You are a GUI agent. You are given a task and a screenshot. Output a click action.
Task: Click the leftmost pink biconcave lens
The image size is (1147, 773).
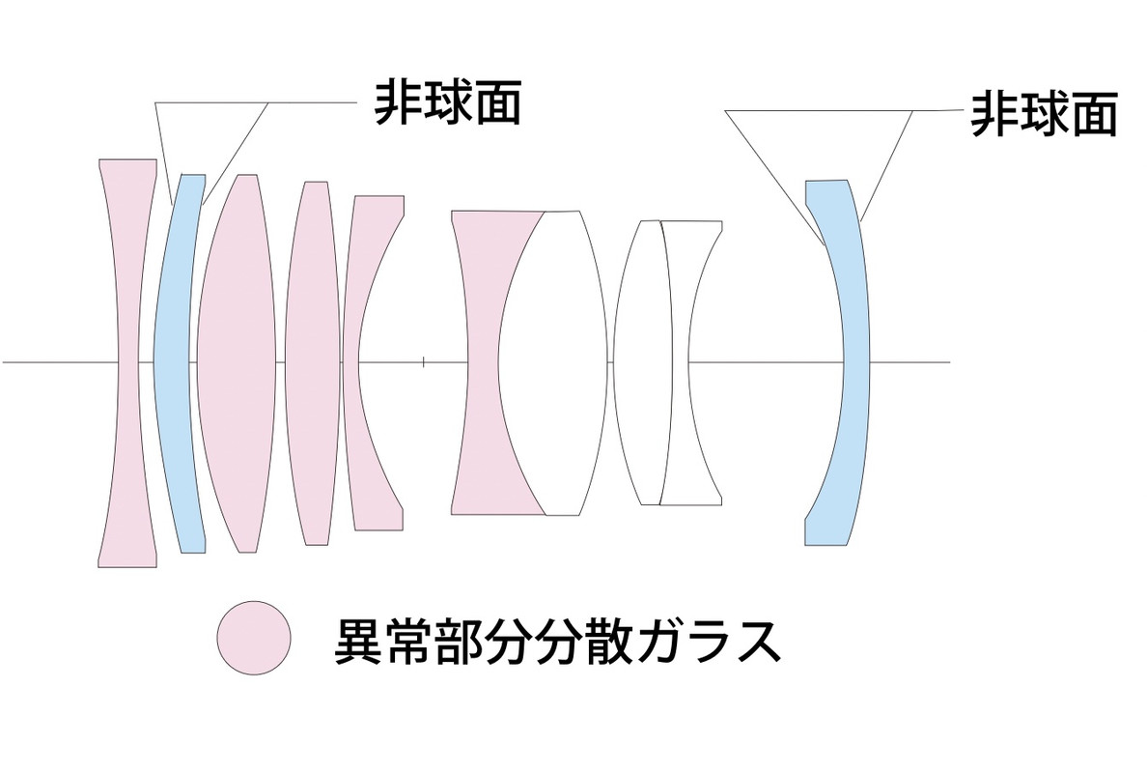tap(127, 362)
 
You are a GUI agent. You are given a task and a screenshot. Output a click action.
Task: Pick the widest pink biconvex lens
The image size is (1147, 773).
tap(237, 362)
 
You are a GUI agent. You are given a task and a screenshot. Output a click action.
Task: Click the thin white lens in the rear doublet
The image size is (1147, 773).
tap(641, 362)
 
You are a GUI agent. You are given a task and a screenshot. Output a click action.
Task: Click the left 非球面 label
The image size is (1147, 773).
tap(448, 101)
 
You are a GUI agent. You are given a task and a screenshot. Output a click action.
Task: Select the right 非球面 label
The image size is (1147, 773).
tap(1044, 113)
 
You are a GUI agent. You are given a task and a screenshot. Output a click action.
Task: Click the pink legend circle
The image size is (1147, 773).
tap(254, 639)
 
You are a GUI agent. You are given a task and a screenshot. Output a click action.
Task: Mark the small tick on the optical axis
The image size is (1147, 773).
tap(424, 361)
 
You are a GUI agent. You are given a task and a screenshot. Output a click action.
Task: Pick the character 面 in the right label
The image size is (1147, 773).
tap(1094, 113)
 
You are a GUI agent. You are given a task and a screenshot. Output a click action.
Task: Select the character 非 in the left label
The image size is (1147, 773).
tap(398, 101)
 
